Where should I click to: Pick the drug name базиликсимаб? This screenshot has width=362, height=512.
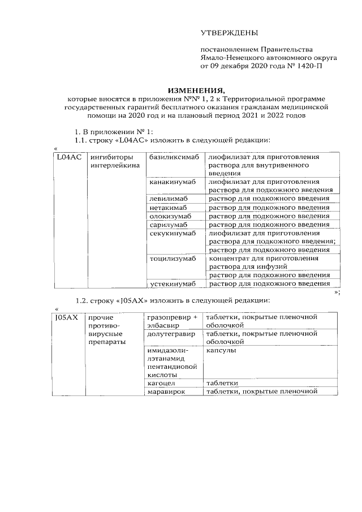pos(174,157)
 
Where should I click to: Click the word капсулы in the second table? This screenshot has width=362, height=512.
pos(221,351)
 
